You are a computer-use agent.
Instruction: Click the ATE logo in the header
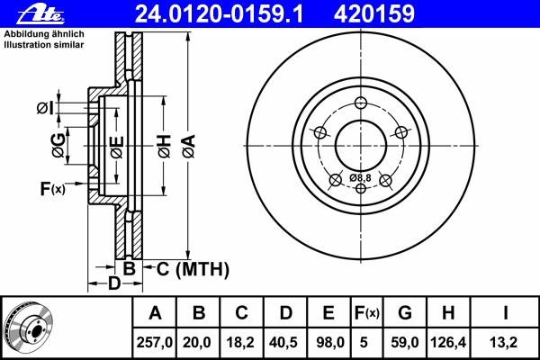tap(40, 13)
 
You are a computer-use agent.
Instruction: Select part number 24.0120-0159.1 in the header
tap(219, 14)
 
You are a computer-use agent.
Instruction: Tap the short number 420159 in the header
tap(374, 14)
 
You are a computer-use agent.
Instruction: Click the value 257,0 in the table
tap(154, 342)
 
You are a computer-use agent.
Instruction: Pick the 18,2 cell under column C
tap(240, 342)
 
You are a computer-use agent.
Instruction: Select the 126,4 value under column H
tap(448, 342)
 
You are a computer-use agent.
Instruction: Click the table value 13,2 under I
tap(503, 342)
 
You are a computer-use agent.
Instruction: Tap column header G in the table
tap(405, 313)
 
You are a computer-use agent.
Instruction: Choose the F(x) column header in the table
tap(367, 313)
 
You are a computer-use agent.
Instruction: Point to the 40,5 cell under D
tap(283, 342)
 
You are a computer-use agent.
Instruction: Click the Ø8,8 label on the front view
tap(360, 178)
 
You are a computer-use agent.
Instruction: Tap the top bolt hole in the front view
tap(361, 103)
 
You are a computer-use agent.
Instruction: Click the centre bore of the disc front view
tap(361, 146)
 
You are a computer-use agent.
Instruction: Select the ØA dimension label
tap(189, 147)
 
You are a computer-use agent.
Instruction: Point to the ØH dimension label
tap(165, 147)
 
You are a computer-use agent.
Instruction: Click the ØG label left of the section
tap(58, 146)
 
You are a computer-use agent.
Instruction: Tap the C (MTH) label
tap(193, 269)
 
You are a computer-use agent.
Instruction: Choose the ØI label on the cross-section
tap(45, 108)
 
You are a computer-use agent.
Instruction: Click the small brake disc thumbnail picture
tap(29, 327)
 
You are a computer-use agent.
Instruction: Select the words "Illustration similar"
tap(44, 45)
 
